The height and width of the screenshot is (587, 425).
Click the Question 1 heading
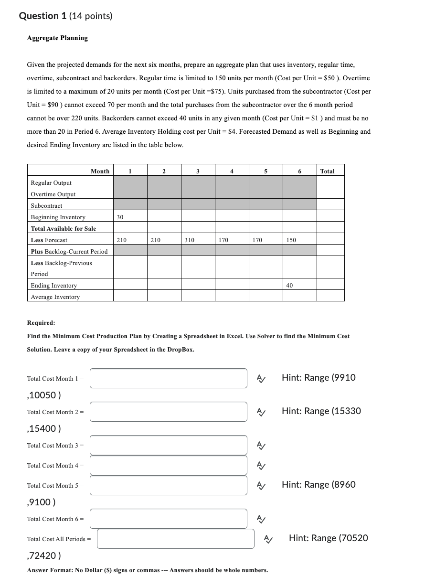(65, 16)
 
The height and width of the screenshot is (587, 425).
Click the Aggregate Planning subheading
(57, 38)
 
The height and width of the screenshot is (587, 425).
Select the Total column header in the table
(327, 171)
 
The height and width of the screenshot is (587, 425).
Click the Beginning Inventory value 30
(120, 217)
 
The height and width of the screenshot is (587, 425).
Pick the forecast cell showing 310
(189, 240)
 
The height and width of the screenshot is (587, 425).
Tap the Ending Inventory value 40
(289, 286)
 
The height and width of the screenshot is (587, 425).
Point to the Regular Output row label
(51, 183)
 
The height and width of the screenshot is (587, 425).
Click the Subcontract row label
(46, 206)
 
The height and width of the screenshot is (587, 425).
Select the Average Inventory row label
(55, 297)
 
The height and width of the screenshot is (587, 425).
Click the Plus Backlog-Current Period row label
(69, 251)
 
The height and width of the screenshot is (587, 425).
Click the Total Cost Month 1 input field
(168, 378)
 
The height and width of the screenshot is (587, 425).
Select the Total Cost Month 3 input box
(168, 445)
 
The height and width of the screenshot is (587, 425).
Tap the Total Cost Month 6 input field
(168, 519)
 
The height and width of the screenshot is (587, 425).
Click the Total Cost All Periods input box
(175, 539)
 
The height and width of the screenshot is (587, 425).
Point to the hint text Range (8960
(319, 484)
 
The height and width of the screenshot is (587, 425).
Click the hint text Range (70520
(328, 538)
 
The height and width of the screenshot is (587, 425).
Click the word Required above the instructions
(41, 323)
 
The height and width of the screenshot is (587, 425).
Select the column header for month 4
(232, 171)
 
